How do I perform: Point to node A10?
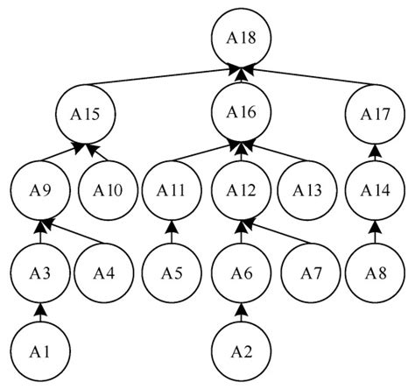(x=104, y=189)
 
